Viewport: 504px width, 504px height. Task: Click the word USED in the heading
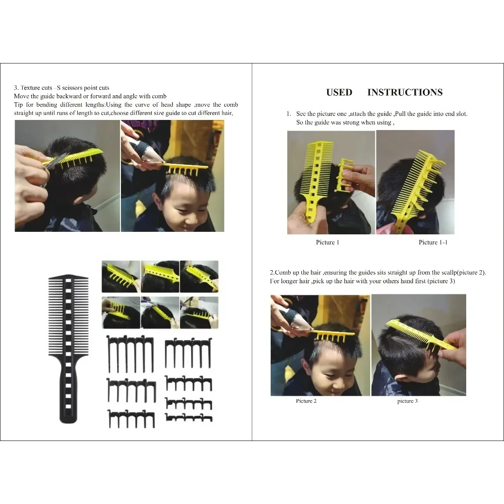[339, 92]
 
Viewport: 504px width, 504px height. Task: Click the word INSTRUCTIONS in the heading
[405, 92]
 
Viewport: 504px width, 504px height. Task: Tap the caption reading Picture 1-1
[433, 242]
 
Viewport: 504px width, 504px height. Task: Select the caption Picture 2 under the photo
[306, 401]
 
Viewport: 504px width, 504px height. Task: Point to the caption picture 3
[407, 401]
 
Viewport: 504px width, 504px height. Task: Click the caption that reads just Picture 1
[328, 242]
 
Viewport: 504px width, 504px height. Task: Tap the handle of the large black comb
[69, 398]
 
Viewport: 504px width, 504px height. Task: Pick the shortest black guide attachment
[188, 418]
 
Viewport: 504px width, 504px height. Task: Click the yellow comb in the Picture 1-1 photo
[418, 186]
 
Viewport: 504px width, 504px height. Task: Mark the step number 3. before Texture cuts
[17, 88]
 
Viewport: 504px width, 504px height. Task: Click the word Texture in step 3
[30, 88]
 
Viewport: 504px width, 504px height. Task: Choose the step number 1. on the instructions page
[289, 114]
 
